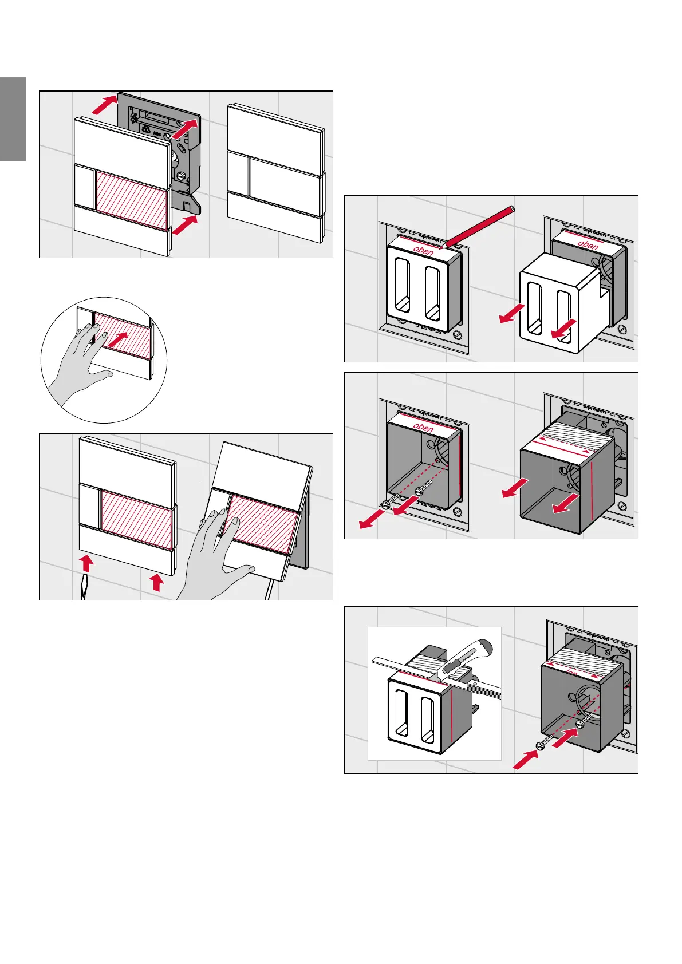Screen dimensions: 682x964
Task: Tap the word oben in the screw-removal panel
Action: click(x=423, y=427)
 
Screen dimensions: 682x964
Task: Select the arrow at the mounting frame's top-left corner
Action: click(x=105, y=105)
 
